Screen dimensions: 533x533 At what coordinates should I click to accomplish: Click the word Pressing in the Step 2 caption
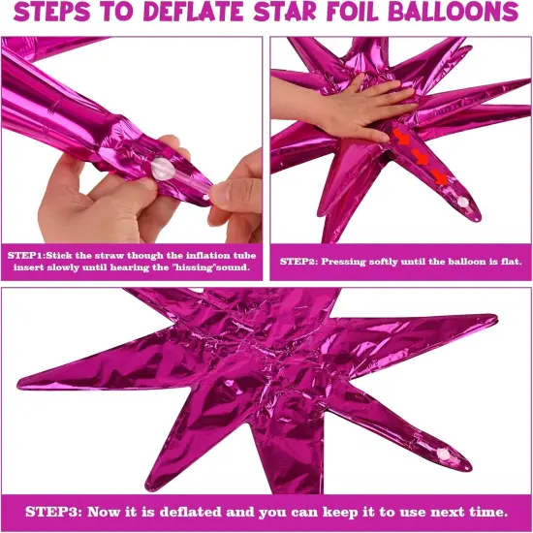click(x=345, y=262)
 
